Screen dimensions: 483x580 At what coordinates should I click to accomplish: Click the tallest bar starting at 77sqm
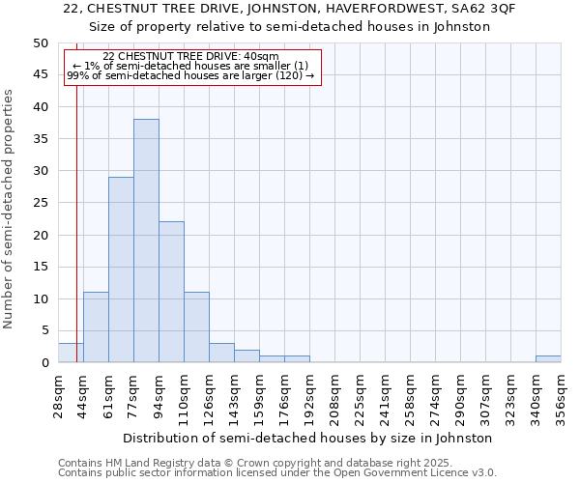146,241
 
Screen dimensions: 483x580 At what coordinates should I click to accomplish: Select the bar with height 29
121,270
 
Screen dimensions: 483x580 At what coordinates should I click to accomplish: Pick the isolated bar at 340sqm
548,359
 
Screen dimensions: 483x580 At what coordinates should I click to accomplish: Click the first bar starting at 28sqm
71,353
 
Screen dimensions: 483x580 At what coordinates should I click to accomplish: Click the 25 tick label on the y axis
41,203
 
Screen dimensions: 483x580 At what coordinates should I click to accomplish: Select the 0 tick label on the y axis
44,363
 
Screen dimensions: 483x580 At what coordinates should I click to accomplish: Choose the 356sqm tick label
562,395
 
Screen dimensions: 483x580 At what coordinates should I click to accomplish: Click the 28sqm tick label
59,395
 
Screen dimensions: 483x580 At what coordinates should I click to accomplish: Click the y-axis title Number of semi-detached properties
10,209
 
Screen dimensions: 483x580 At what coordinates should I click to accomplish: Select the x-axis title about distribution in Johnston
308,438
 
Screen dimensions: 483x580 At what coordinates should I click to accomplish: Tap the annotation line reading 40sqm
190,57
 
